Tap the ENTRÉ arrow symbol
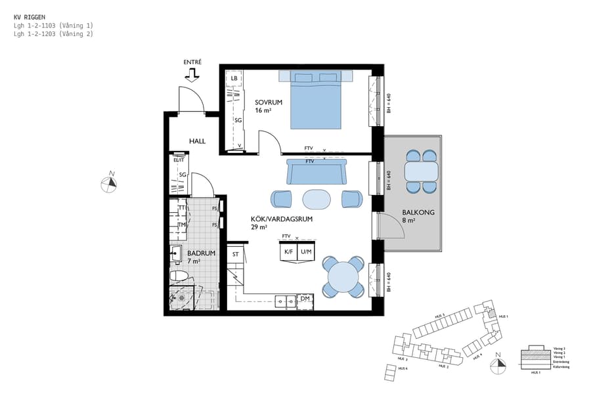click(x=192, y=75)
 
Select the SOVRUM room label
click(x=269, y=102)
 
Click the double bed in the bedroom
click(x=316, y=101)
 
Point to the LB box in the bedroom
click(x=234, y=79)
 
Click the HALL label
click(x=197, y=141)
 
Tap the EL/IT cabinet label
click(x=179, y=160)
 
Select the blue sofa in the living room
click(x=315, y=173)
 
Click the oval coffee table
click(x=317, y=198)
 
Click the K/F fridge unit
click(x=288, y=252)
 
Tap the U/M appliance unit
click(x=305, y=252)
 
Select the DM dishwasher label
click(x=305, y=299)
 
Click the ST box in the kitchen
click(x=235, y=253)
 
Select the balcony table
click(x=421, y=172)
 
